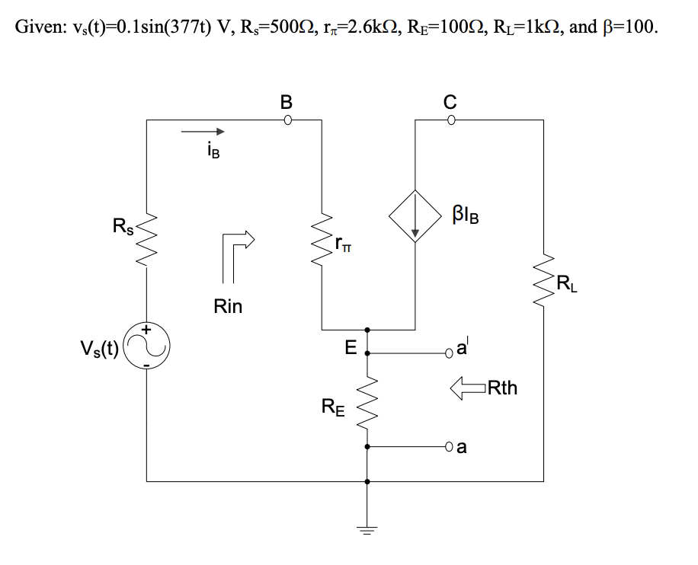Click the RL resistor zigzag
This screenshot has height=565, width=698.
point(545,286)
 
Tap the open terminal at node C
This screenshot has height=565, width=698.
point(451,120)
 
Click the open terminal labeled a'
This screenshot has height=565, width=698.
point(452,353)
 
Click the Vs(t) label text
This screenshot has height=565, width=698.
point(99,350)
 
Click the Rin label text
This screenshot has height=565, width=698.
point(228,307)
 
